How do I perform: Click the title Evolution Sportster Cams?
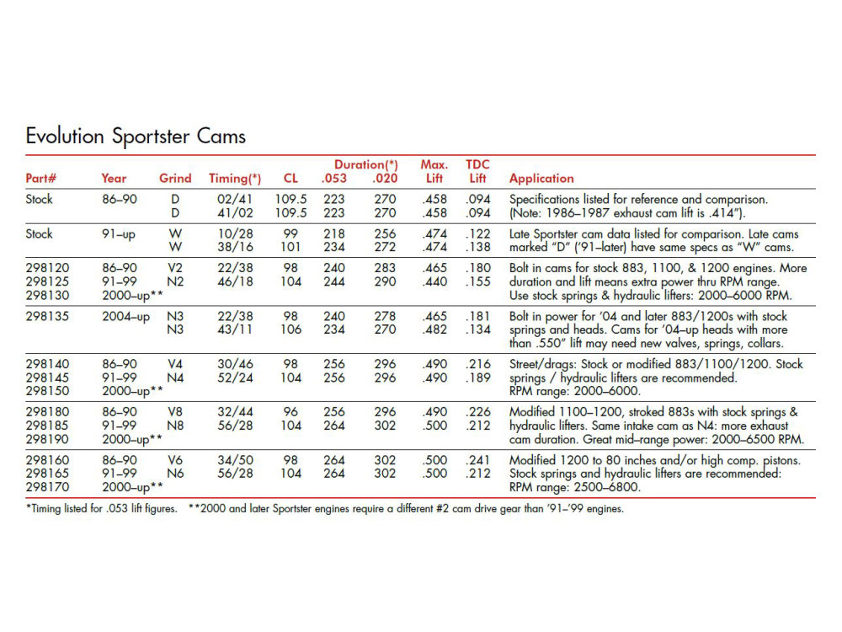136,136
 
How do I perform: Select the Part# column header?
40,179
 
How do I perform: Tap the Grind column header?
175,179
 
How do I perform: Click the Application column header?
541,179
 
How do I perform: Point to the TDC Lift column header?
477,172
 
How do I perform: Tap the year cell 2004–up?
126,316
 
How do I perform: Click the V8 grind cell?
175,412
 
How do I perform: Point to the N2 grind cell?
175,281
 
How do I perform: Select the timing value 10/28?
235,234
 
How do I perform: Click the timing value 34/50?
235,461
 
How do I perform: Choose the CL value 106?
291,330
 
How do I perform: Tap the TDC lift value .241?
478,461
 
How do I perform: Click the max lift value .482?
434,330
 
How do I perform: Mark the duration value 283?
384,268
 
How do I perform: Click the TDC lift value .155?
478,281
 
